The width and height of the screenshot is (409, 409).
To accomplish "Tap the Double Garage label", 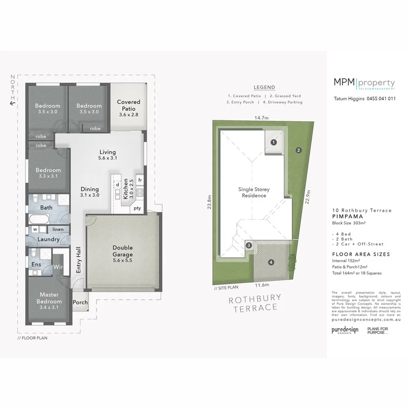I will pyautogui.click(x=123, y=251).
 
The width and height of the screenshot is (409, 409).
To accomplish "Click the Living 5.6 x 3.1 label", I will pyautogui.click(x=108, y=155).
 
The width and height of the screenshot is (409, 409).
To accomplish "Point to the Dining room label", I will pyautogui.click(x=90, y=192).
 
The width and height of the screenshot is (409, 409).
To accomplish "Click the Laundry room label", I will pyautogui.click(x=49, y=239).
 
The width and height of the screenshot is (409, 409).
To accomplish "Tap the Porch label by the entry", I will pyautogui.click(x=80, y=302).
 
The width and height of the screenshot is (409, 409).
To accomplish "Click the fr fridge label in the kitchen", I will pyautogui.click(x=140, y=180).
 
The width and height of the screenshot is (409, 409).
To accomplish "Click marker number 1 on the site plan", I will pyautogui.click(x=274, y=142).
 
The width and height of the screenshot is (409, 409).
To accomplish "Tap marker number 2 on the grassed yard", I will pyautogui.click(x=299, y=150).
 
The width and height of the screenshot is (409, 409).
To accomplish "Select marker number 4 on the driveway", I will pyautogui.click(x=271, y=262).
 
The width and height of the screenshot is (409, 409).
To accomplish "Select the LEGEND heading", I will pyautogui.click(x=264, y=87).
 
